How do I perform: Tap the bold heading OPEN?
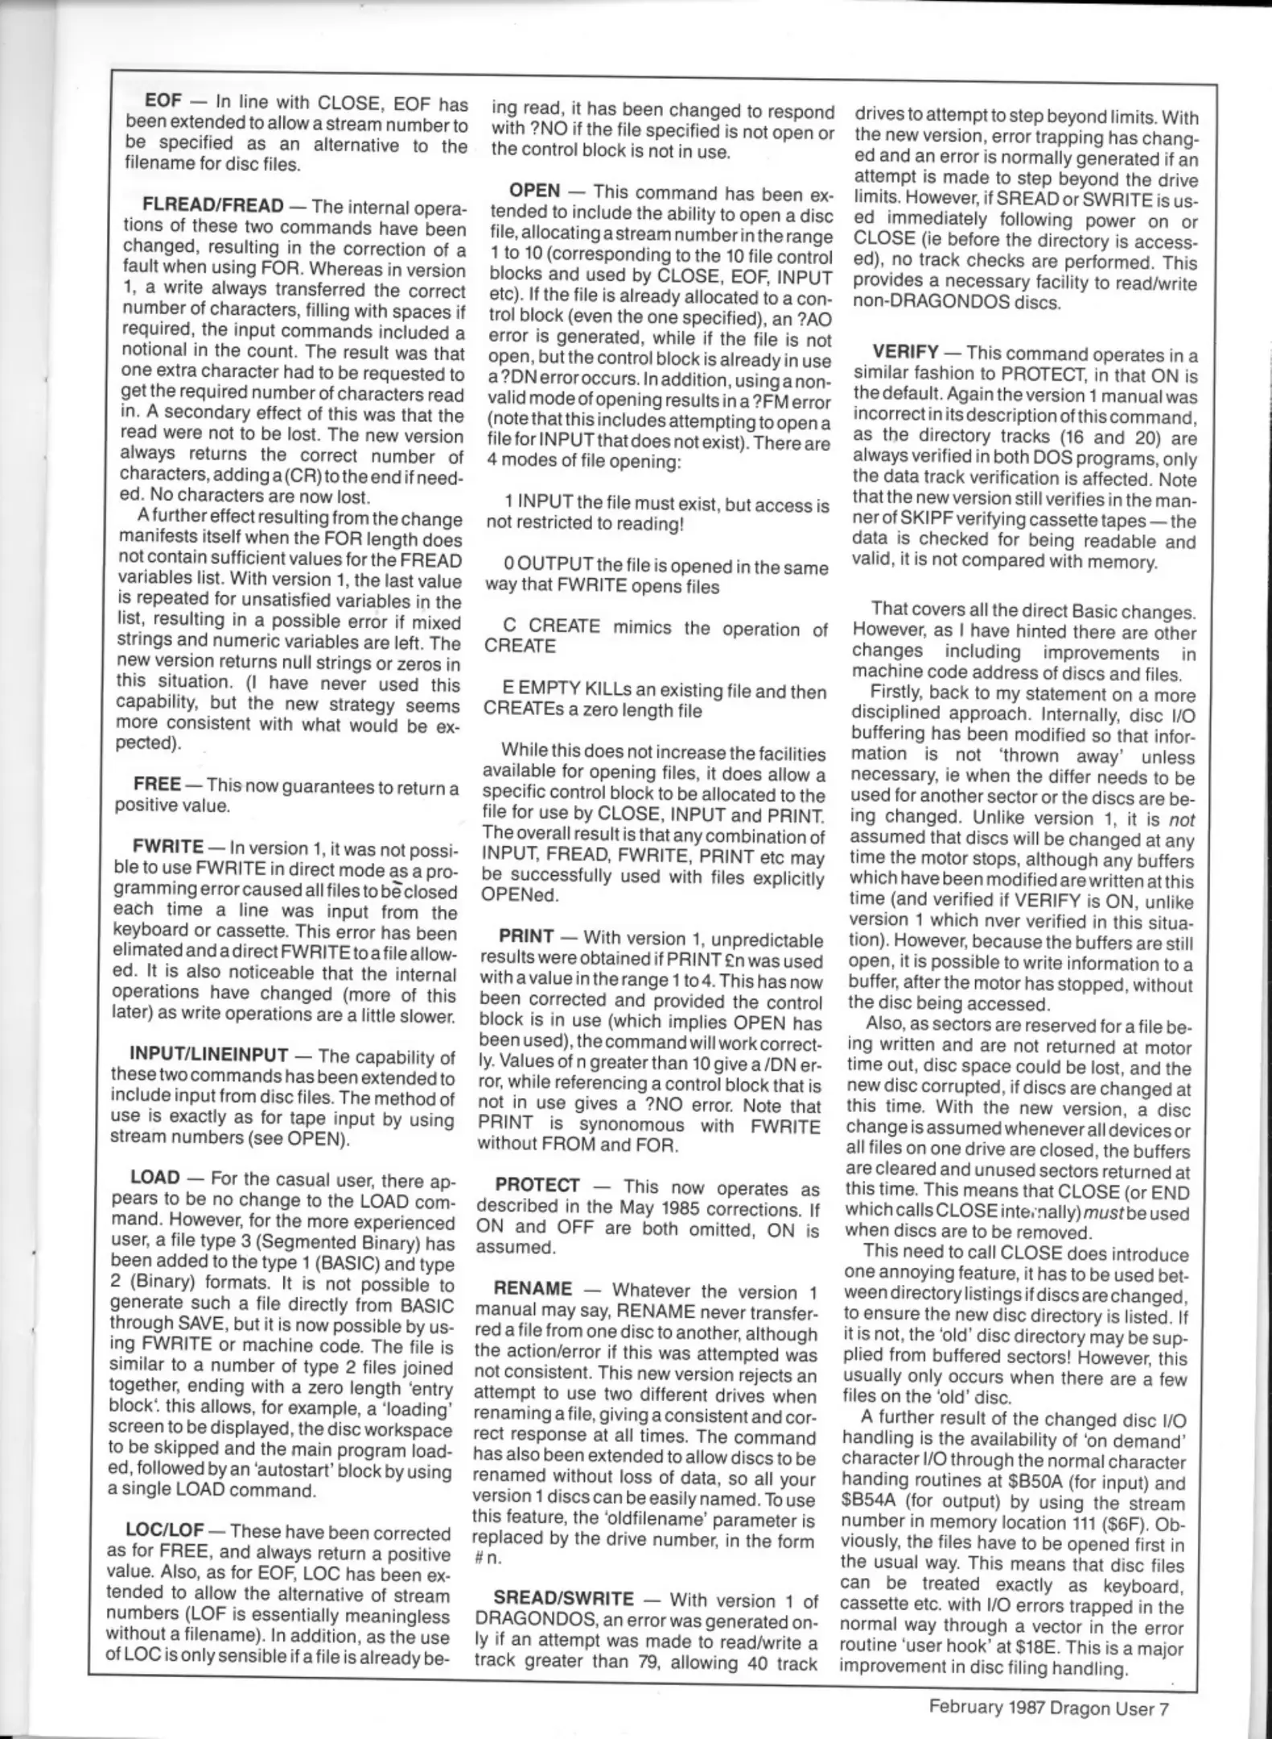(534, 191)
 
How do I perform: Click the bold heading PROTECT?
(537, 1185)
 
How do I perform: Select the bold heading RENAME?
(533, 1289)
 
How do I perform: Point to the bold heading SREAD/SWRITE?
(562, 1598)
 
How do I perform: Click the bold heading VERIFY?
(905, 352)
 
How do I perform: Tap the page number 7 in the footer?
(1163, 1705)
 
